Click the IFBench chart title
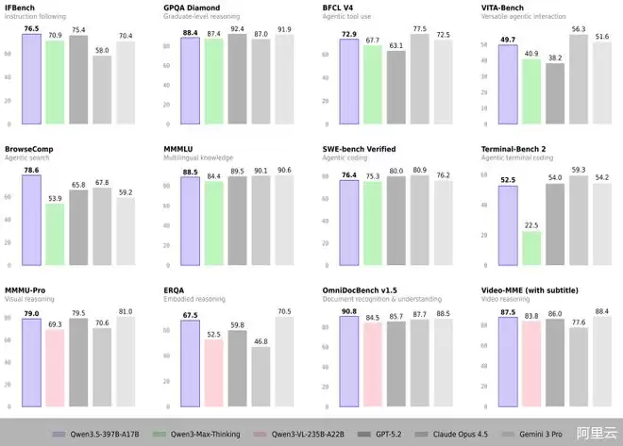(20, 8)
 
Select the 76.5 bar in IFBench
(31, 79)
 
